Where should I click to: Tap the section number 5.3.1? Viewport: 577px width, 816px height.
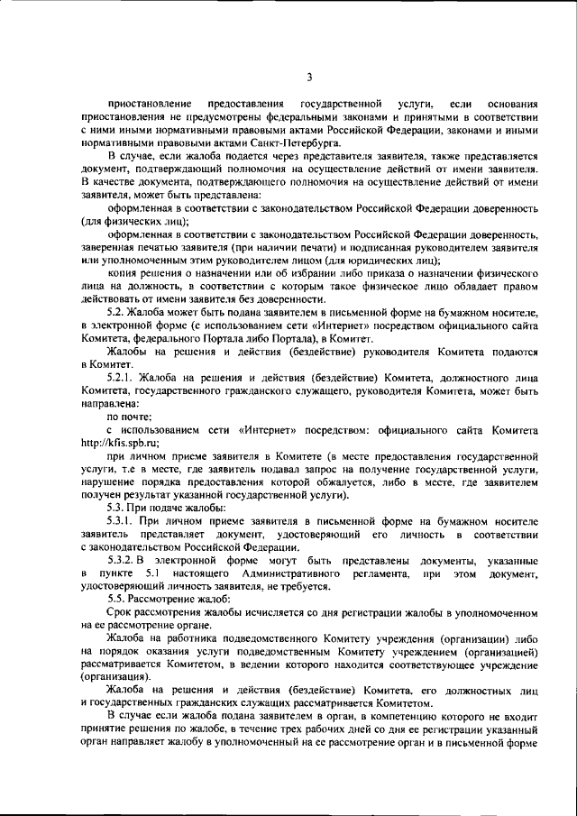[122, 523]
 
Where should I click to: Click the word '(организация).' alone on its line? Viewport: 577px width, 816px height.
[115, 674]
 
